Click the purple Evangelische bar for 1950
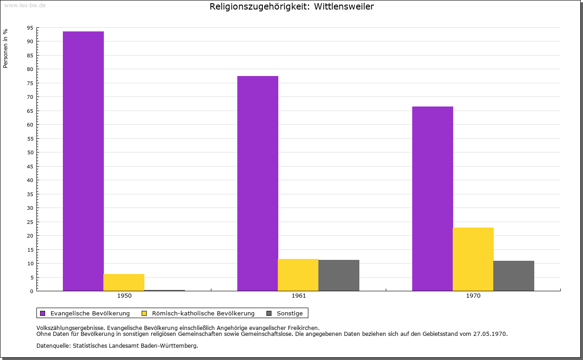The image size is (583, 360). point(83,161)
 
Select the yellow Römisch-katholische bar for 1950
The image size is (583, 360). point(123,282)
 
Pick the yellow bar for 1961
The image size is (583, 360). point(298,275)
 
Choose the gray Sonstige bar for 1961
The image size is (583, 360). point(338,275)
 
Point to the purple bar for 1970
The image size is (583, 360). point(432,198)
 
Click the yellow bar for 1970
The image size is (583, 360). point(473,259)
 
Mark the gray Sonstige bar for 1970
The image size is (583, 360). point(513,276)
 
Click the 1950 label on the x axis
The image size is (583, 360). point(124,296)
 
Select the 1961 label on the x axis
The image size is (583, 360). point(299,296)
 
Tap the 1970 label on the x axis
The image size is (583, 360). point(473,296)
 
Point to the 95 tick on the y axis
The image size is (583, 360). point(30,28)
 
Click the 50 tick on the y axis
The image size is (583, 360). point(30,152)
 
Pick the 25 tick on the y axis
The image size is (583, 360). point(30,222)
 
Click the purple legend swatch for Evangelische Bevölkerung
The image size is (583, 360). point(43,313)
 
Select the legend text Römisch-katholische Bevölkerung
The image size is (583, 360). point(203,313)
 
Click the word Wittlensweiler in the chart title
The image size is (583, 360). point(344,6)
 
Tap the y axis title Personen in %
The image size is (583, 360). point(5,48)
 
